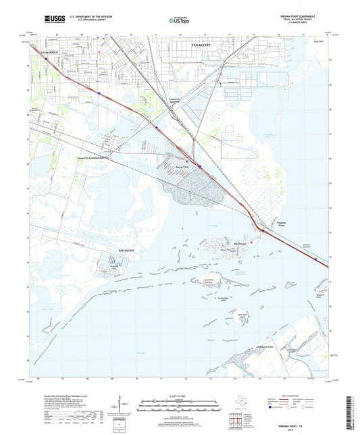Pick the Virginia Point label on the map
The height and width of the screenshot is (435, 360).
click(286, 224)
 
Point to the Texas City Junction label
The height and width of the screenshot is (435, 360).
click(176, 101)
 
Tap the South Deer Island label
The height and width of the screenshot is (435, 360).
click(241, 314)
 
